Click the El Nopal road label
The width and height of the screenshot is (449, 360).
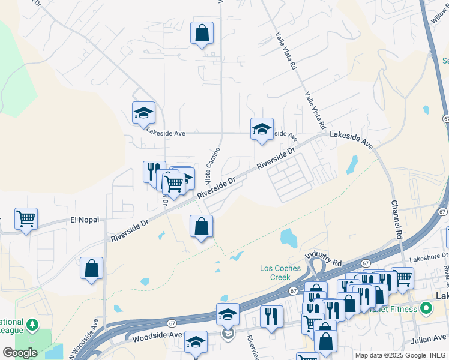point(84,220)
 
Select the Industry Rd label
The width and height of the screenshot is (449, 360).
point(324,259)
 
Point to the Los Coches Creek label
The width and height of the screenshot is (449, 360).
point(280,272)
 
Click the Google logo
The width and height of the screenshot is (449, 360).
point(19,352)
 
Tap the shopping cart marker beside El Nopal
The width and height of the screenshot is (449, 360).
point(26,219)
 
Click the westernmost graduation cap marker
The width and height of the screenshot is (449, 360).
point(143,112)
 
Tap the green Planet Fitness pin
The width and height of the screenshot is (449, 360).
point(426,310)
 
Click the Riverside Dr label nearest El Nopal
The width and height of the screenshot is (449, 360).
point(129,231)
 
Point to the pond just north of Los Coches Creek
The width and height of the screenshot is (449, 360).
point(288,238)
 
